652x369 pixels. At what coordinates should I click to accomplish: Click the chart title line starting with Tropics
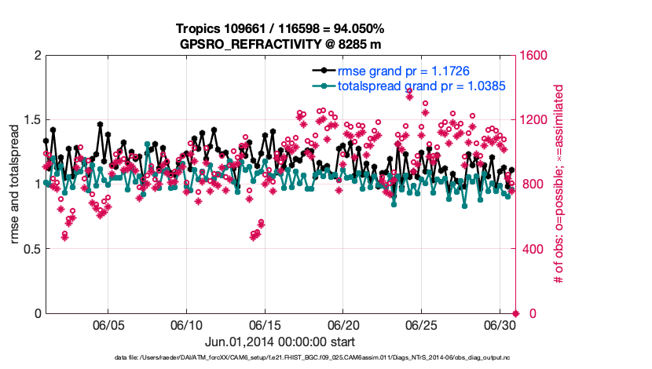click(280, 29)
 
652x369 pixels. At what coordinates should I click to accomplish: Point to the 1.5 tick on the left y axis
click(31, 120)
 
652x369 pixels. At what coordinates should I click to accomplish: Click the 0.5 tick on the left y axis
click(31, 249)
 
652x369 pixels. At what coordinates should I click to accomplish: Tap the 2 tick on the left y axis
click(37, 56)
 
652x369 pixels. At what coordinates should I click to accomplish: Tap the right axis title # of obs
click(560, 184)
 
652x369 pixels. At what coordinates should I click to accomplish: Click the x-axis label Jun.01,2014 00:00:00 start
click(280, 342)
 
